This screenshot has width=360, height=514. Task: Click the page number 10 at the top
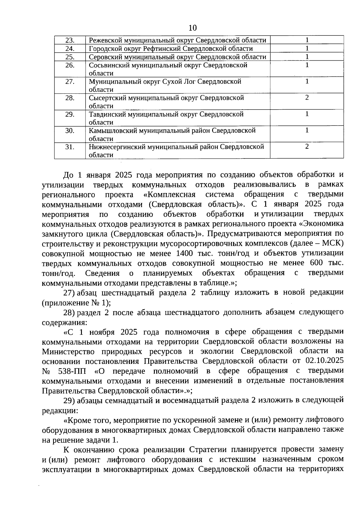(193, 28)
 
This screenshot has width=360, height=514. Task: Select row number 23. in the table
(70, 40)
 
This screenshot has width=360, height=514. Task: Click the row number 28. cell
(70, 98)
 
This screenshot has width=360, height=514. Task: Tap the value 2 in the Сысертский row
(307, 98)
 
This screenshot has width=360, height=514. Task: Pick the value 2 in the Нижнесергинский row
(307, 147)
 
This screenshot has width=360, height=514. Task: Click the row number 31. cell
(70, 147)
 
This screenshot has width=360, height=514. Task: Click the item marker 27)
(69, 292)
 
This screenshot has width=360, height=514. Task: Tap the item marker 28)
(69, 312)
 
